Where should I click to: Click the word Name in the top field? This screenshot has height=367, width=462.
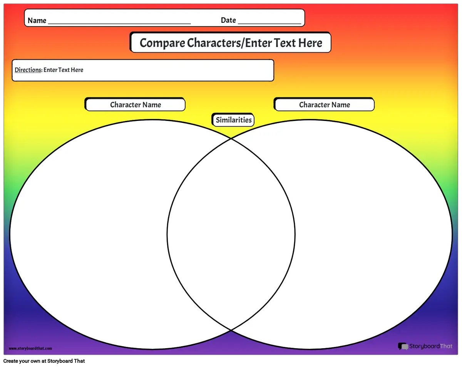click(x=37, y=20)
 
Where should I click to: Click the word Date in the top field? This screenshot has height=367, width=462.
click(x=228, y=20)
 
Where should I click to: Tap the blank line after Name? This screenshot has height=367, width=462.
click(x=119, y=23)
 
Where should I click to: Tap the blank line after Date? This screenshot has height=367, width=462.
click(x=269, y=23)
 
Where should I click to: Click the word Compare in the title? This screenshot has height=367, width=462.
click(x=162, y=43)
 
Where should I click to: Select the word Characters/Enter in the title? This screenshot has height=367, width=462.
click(x=229, y=43)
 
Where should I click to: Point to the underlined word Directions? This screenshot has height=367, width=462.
click(x=28, y=70)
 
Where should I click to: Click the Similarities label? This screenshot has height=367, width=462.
click(x=234, y=120)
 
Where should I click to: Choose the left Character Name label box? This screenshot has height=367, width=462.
click(x=135, y=104)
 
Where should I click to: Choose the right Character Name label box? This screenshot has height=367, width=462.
click(x=325, y=104)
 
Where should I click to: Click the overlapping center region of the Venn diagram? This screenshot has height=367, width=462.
click(x=231, y=234)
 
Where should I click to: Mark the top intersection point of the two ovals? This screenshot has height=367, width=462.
click(x=231, y=139)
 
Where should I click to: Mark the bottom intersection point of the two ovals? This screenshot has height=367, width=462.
click(x=231, y=330)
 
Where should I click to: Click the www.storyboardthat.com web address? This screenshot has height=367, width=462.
click(x=30, y=348)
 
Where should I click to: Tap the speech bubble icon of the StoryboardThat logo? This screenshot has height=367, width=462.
click(x=403, y=346)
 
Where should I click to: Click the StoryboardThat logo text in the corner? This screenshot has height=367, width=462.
click(x=431, y=346)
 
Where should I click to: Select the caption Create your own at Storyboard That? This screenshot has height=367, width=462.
click(x=44, y=361)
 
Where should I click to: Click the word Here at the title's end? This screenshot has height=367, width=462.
click(x=310, y=43)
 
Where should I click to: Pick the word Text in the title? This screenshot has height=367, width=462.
click(x=285, y=43)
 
